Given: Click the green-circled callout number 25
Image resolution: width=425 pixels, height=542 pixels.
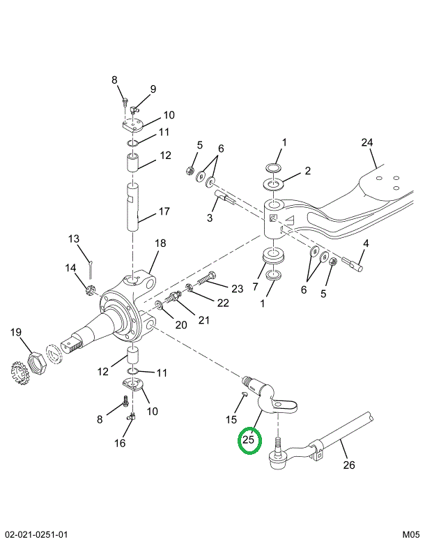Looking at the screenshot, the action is (x=248, y=439).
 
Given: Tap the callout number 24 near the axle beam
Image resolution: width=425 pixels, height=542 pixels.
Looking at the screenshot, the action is (x=367, y=142).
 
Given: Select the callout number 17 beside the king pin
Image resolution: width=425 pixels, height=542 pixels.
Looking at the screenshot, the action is (x=164, y=211).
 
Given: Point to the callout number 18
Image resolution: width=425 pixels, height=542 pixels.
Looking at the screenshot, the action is (x=160, y=243).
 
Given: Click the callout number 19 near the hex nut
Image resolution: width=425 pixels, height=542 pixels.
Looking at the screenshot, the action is (x=16, y=332).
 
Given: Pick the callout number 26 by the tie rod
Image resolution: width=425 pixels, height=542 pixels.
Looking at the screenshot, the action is (x=349, y=465).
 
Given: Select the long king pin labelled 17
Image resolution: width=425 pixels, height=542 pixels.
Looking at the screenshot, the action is (x=133, y=207).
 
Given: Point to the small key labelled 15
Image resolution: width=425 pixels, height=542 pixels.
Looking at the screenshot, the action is (x=244, y=394).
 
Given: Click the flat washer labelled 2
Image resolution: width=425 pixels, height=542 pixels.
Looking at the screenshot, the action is (x=273, y=183).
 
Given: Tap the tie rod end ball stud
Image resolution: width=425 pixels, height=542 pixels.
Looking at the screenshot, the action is (x=277, y=453).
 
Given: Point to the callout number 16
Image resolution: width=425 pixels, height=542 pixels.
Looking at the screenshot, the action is (x=120, y=443).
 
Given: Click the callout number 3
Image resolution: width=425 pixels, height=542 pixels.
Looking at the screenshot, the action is (x=210, y=218).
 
